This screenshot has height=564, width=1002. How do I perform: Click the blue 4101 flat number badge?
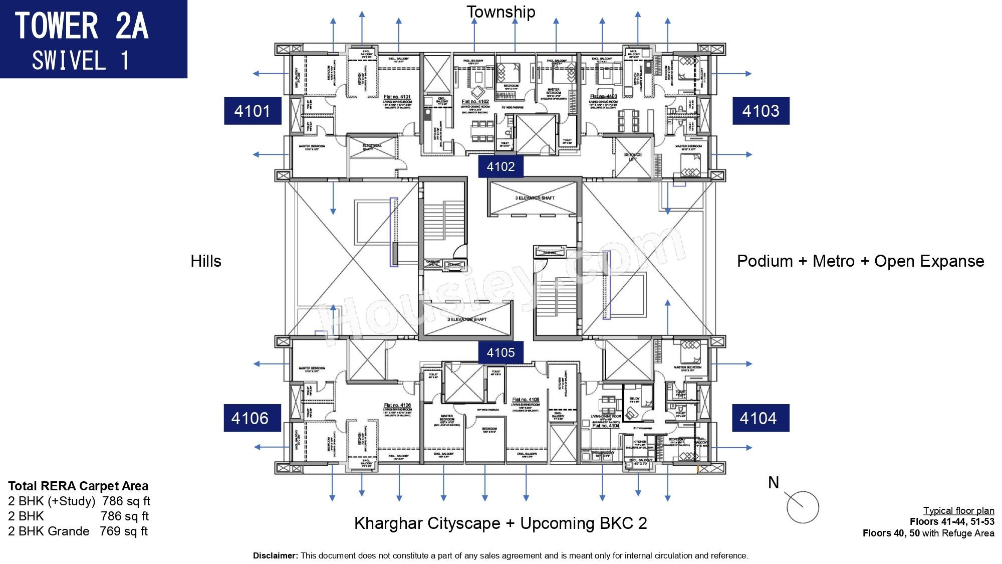253,111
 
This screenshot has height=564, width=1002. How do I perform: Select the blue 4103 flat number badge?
761,111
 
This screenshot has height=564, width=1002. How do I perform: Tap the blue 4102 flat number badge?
500,166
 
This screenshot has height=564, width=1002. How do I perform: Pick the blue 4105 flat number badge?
500,352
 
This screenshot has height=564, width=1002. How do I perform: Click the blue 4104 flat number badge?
760,418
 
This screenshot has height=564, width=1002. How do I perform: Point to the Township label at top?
500,12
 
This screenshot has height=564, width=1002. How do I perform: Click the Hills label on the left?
206,261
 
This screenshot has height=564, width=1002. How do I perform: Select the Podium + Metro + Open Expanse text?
860,261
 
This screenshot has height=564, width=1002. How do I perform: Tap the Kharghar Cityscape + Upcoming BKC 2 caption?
500,523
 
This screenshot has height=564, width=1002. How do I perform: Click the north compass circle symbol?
803,507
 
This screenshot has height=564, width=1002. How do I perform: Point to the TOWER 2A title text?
82,26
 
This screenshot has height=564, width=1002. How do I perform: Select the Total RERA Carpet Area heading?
78,486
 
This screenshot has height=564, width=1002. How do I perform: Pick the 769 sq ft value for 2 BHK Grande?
124,531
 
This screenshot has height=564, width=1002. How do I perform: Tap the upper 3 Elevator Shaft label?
535,198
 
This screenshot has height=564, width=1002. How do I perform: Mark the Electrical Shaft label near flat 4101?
372,147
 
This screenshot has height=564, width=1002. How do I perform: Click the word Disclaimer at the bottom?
275,555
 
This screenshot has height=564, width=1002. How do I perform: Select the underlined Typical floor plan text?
958,510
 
